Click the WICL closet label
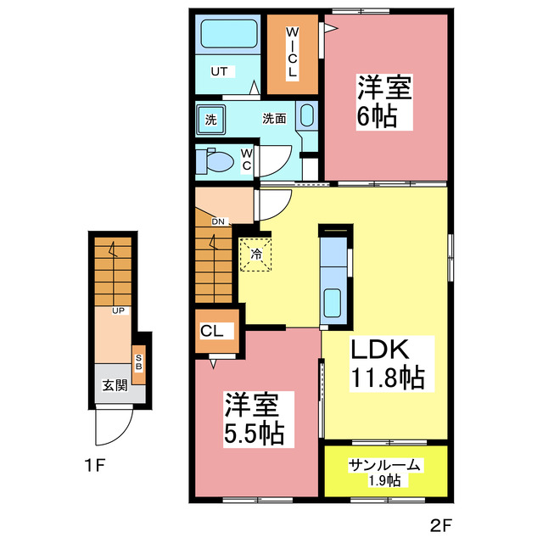291,53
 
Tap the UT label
219,71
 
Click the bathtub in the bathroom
227,36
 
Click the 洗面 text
273,119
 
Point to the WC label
246,159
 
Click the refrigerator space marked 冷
255,252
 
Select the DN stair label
219,221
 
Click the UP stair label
118,311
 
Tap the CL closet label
213,332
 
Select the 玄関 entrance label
115,385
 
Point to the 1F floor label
94,465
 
